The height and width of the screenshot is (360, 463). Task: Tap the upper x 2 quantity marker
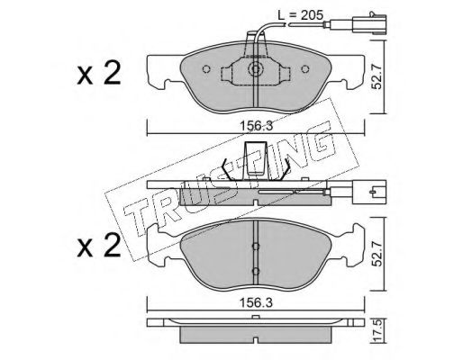(99, 73)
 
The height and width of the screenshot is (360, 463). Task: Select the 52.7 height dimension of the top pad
(377, 77)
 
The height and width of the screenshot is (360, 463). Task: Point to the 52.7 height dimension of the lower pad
(377, 255)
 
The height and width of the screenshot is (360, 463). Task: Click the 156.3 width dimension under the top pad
(256, 126)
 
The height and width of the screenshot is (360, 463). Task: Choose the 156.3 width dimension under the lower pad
(256, 303)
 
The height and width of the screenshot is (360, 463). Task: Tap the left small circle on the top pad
(206, 69)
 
